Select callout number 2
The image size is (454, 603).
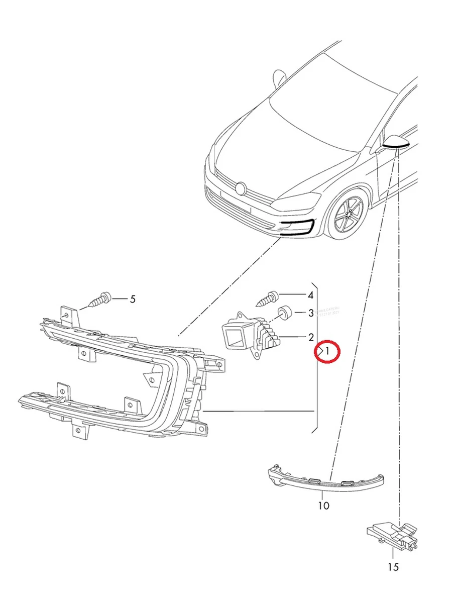[x=311, y=337]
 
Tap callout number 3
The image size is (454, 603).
[x=311, y=313]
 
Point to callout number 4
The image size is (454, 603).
[x=311, y=295]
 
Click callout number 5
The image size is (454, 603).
[x=133, y=299]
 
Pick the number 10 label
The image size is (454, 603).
[x=324, y=506]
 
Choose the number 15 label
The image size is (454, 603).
[x=393, y=567]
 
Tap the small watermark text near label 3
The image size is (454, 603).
[x=329, y=312]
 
